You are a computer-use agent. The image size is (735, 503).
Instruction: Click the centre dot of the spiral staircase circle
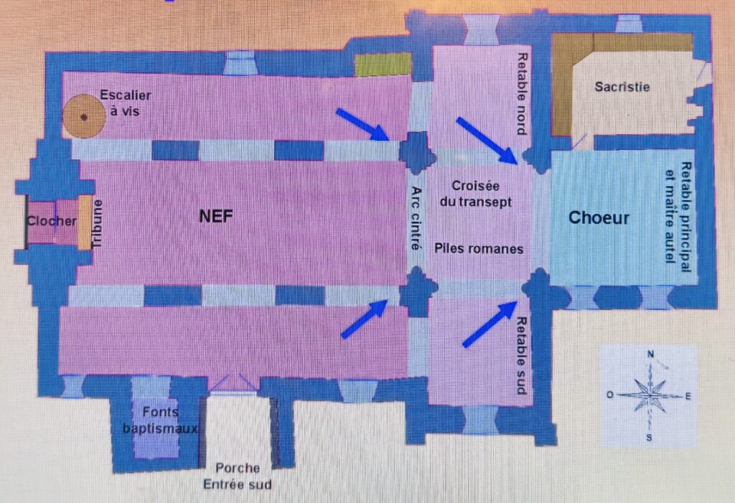tap(84, 117)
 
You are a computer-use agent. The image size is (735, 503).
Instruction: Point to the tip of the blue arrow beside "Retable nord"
tap(518, 164)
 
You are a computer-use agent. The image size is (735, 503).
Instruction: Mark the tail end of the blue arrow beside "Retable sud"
tap(465, 345)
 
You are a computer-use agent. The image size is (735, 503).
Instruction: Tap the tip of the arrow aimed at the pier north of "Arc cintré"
tap(389, 140)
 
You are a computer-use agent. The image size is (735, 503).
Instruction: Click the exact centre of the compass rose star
tap(650, 395)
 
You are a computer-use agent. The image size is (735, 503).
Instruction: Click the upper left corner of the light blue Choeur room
tap(551, 151)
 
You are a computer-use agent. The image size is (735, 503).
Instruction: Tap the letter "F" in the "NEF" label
tap(228, 216)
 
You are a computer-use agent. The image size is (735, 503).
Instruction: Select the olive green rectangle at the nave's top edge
tap(383, 65)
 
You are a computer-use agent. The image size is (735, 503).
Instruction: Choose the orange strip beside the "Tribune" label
tap(85, 222)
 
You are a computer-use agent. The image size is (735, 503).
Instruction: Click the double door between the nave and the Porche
tap(233, 383)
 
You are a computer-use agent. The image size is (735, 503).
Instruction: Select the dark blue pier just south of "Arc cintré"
tap(417, 291)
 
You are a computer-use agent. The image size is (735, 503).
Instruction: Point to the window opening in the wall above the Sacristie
tap(629, 24)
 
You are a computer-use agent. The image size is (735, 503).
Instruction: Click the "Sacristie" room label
tap(622, 87)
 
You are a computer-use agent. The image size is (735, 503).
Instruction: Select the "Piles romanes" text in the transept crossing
tap(479, 248)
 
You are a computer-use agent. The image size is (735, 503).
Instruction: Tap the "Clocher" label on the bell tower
tap(52, 221)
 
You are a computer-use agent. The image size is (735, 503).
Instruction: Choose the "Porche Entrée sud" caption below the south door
tap(237, 476)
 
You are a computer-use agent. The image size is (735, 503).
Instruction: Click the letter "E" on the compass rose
tap(688, 397)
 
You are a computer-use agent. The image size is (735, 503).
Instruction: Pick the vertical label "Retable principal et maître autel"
tap(678, 217)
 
